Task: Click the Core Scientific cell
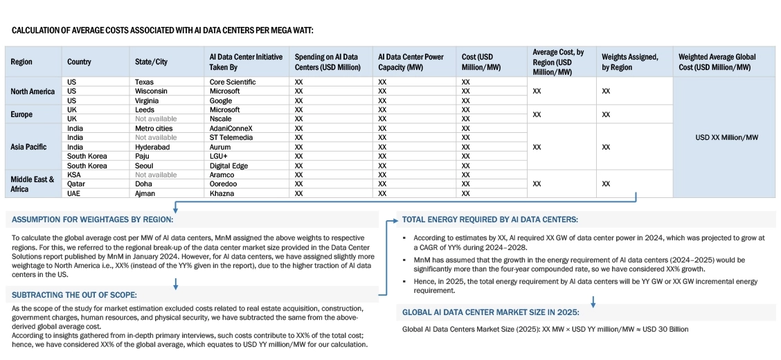(x=232, y=82)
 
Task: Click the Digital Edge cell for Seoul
(x=228, y=165)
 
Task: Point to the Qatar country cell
(x=76, y=184)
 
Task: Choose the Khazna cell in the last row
(x=222, y=194)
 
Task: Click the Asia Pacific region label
(x=30, y=147)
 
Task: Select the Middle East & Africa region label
(x=32, y=184)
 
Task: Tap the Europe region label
(x=22, y=114)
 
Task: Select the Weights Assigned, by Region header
(x=629, y=62)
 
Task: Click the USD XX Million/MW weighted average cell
(x=726, y=137)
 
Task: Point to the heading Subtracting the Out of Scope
(x=74, y=295)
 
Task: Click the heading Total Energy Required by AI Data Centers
(x=490, y=220)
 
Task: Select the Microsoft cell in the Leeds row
(x=224, y=109)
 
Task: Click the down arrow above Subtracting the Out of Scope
(x=176, y=283)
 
